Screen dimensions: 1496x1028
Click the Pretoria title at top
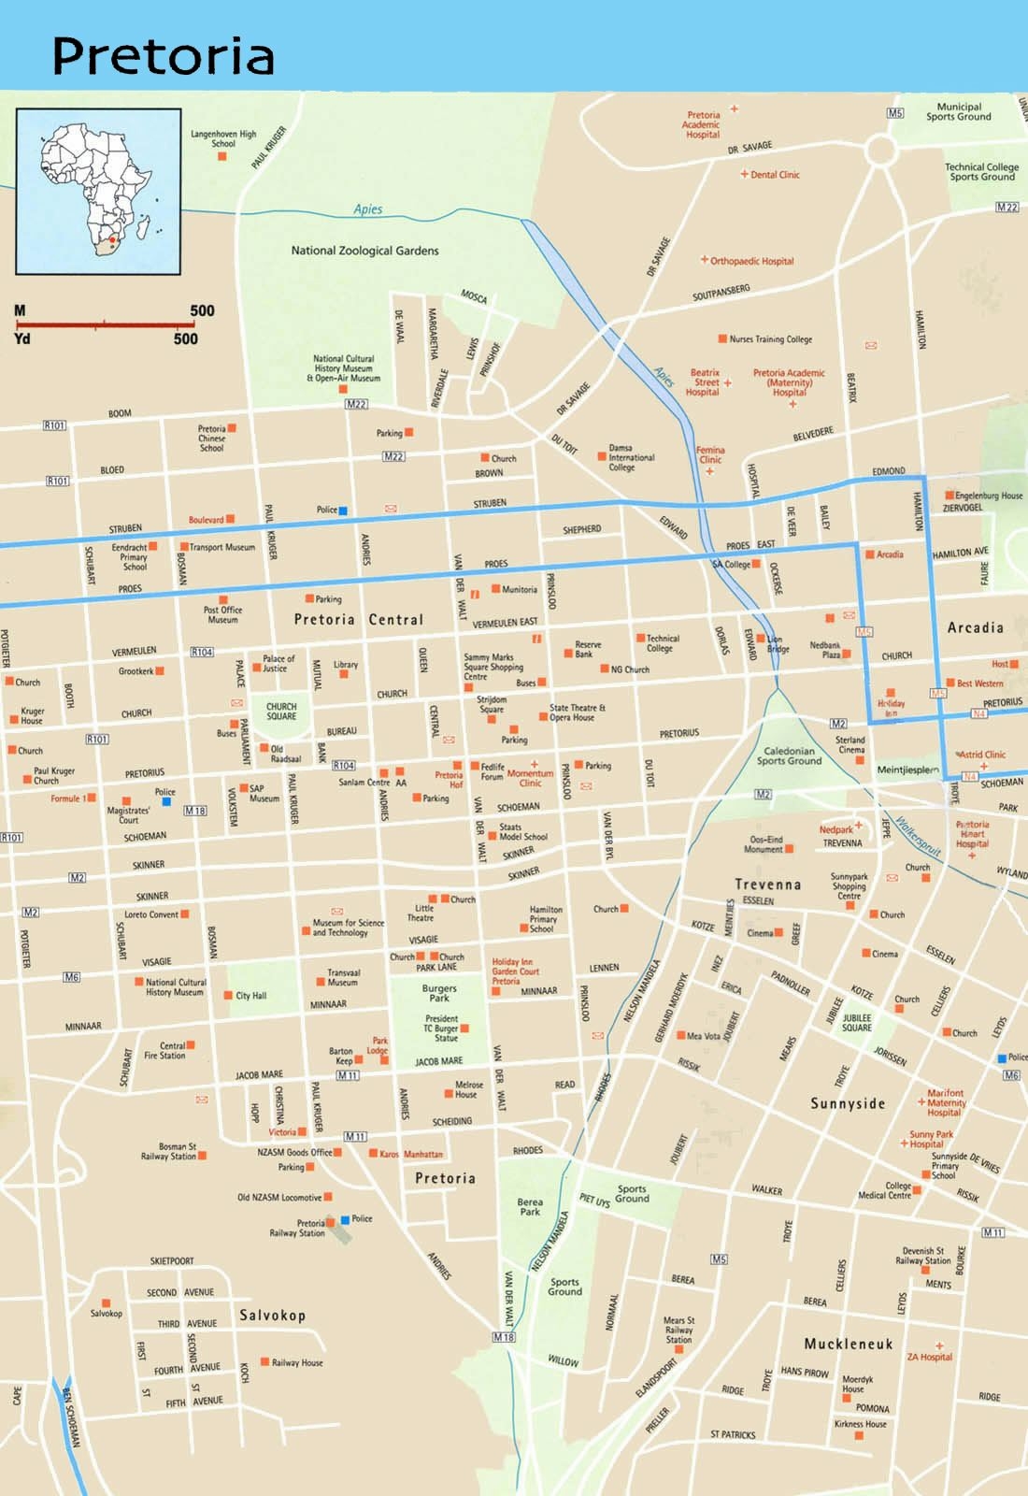coord(163,55)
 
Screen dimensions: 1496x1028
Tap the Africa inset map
coord(98,192)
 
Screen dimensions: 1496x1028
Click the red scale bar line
coord(108,324)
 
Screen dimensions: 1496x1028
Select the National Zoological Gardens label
coord(364,251)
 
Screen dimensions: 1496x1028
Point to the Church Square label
coord(280,712)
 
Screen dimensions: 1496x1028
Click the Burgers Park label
coord(439,993)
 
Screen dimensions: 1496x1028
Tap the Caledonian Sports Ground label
coord(789,755)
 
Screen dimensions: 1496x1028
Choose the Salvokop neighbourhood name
coord(272,1315)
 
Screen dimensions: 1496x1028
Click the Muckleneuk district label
coord(849,1344)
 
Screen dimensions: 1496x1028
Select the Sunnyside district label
coord(847,1103)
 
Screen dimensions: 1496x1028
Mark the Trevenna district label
coord(767,884)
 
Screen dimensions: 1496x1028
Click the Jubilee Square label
coord(856,1022)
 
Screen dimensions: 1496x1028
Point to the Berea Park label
coord(530,1206)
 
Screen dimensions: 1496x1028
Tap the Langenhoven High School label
coord(223,138)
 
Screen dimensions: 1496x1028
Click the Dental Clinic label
coord(775,175)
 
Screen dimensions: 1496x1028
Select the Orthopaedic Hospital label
coord(751,261)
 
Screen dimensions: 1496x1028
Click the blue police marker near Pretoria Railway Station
coord(345,1219)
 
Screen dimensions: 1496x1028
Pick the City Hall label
coord(250,996)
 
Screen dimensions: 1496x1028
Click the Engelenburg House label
coord(988,496)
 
